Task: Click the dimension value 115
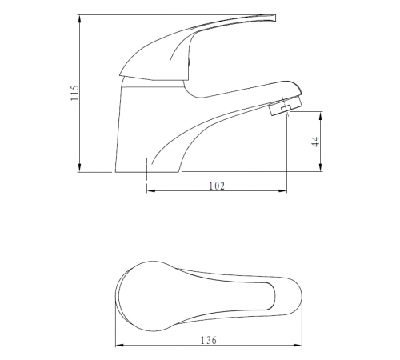75,93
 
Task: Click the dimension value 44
315,142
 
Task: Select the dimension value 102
217,186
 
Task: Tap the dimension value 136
209,340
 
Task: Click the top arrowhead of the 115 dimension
79,19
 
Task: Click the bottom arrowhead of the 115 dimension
79,168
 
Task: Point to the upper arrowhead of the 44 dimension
321,116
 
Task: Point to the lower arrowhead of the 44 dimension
321,167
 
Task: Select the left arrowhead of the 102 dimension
151,190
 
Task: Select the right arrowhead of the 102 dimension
282,190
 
